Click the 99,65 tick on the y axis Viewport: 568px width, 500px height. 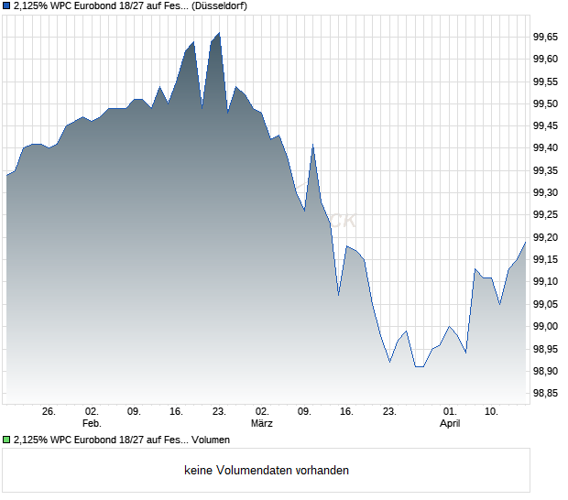545,37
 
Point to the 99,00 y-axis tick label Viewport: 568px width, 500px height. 545,327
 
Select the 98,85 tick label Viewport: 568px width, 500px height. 545,394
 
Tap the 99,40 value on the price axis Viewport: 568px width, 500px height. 545,148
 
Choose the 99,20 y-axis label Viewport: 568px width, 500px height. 545,237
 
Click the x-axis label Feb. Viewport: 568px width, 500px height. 91,424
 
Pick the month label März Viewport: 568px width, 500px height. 262,424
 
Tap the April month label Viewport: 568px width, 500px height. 450,424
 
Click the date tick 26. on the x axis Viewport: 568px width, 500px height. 49,412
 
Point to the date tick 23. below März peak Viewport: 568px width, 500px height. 219,412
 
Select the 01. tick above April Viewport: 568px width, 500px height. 450,412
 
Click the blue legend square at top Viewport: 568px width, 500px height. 7,5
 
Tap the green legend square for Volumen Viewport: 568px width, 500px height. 7,440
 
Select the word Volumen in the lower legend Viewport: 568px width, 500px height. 210,440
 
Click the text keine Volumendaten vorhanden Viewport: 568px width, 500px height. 267,471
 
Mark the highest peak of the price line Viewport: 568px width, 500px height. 219,33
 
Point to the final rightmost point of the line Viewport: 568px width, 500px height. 526,241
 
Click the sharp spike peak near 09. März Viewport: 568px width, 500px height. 313,145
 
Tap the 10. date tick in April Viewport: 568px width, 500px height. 492,412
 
